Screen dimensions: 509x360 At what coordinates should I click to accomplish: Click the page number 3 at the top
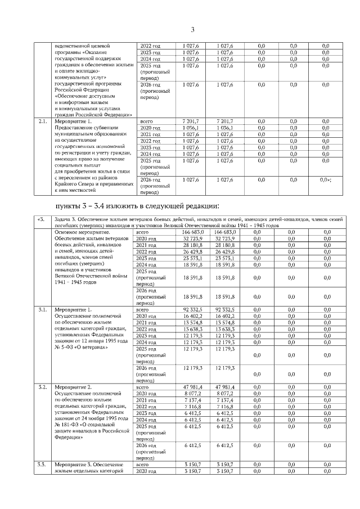[x=192, y=30]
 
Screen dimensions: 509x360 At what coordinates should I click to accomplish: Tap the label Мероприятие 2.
[x=73, y=388]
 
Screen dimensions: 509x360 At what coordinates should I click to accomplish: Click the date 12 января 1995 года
[x=102, y=341]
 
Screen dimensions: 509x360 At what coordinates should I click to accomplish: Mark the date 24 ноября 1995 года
[x=103, y=418]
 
